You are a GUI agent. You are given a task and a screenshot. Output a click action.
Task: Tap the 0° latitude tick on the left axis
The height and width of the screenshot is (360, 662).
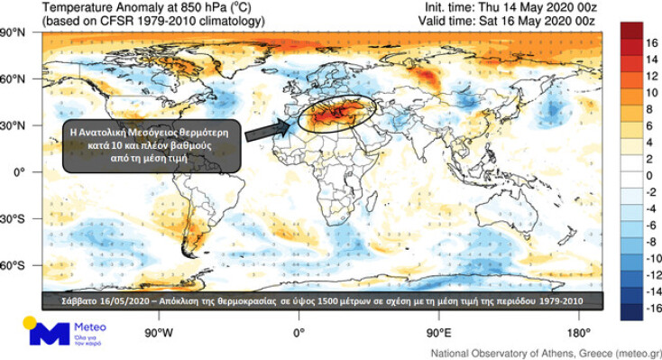coord(18,171)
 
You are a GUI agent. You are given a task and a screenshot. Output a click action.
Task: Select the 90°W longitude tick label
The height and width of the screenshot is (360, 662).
coord(160,330)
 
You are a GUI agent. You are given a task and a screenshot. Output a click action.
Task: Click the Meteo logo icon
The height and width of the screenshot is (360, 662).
coord(41,333)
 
